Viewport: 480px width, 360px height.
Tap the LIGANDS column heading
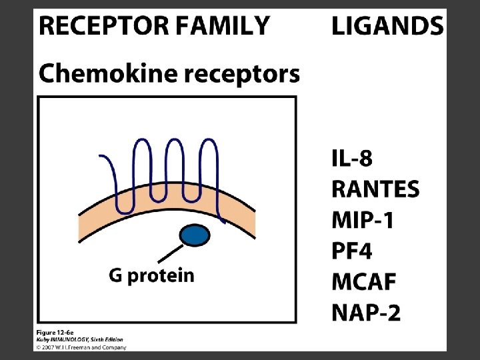(387, 26)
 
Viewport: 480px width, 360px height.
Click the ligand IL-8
(352, 159)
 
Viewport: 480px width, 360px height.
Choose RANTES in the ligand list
(375, 189)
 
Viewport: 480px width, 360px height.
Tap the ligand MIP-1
(363, 220)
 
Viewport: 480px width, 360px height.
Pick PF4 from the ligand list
(351, 251)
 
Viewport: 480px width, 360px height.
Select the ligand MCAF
(364, 281)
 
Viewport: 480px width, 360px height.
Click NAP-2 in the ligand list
(366, 312)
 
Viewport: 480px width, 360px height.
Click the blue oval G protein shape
(195, 235)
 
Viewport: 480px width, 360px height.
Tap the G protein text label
(152, 275)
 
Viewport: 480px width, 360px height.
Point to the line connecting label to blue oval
(169, 254)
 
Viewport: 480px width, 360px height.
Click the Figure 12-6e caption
(56, 332)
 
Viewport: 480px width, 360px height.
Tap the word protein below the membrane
(161, 276)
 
